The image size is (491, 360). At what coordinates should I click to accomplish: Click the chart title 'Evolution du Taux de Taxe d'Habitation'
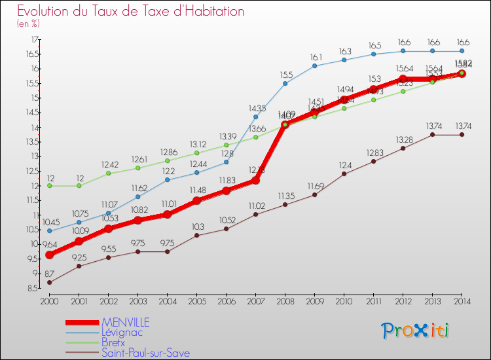pyautogui.click(x=131, y=11)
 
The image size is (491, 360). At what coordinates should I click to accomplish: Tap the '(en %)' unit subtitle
pyautogui.click(x=28, y=24)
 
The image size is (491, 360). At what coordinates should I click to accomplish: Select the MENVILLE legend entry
pyautogui.click(x=125, y=322)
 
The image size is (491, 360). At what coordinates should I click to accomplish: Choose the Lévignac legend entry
pyautogui.click(x=121, y=333)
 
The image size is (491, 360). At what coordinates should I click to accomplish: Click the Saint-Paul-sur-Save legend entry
pyautogui.click(x=145, y=353)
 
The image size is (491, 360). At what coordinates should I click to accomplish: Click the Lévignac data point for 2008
pyautogui.click(x=285, y=83)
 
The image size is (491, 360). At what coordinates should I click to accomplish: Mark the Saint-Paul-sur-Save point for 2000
pyautogui.click(x=49, y=282)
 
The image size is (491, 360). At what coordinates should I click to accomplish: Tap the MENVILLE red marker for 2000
pyautogui.click(x=49, y=255)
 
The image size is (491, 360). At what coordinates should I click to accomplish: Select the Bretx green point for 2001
pyautogui.click(x=79, y=185)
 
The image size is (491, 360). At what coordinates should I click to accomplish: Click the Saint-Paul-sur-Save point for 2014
pyautogui.click(x=462, y=134)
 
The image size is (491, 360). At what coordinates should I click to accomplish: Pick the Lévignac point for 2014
pyautogui.click(x=462, y=51)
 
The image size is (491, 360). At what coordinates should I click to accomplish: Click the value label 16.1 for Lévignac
pyautogui.click(x=317, y=57)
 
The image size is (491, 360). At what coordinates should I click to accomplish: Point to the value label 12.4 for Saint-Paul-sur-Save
pyautogui.click(x=345, y=165)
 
